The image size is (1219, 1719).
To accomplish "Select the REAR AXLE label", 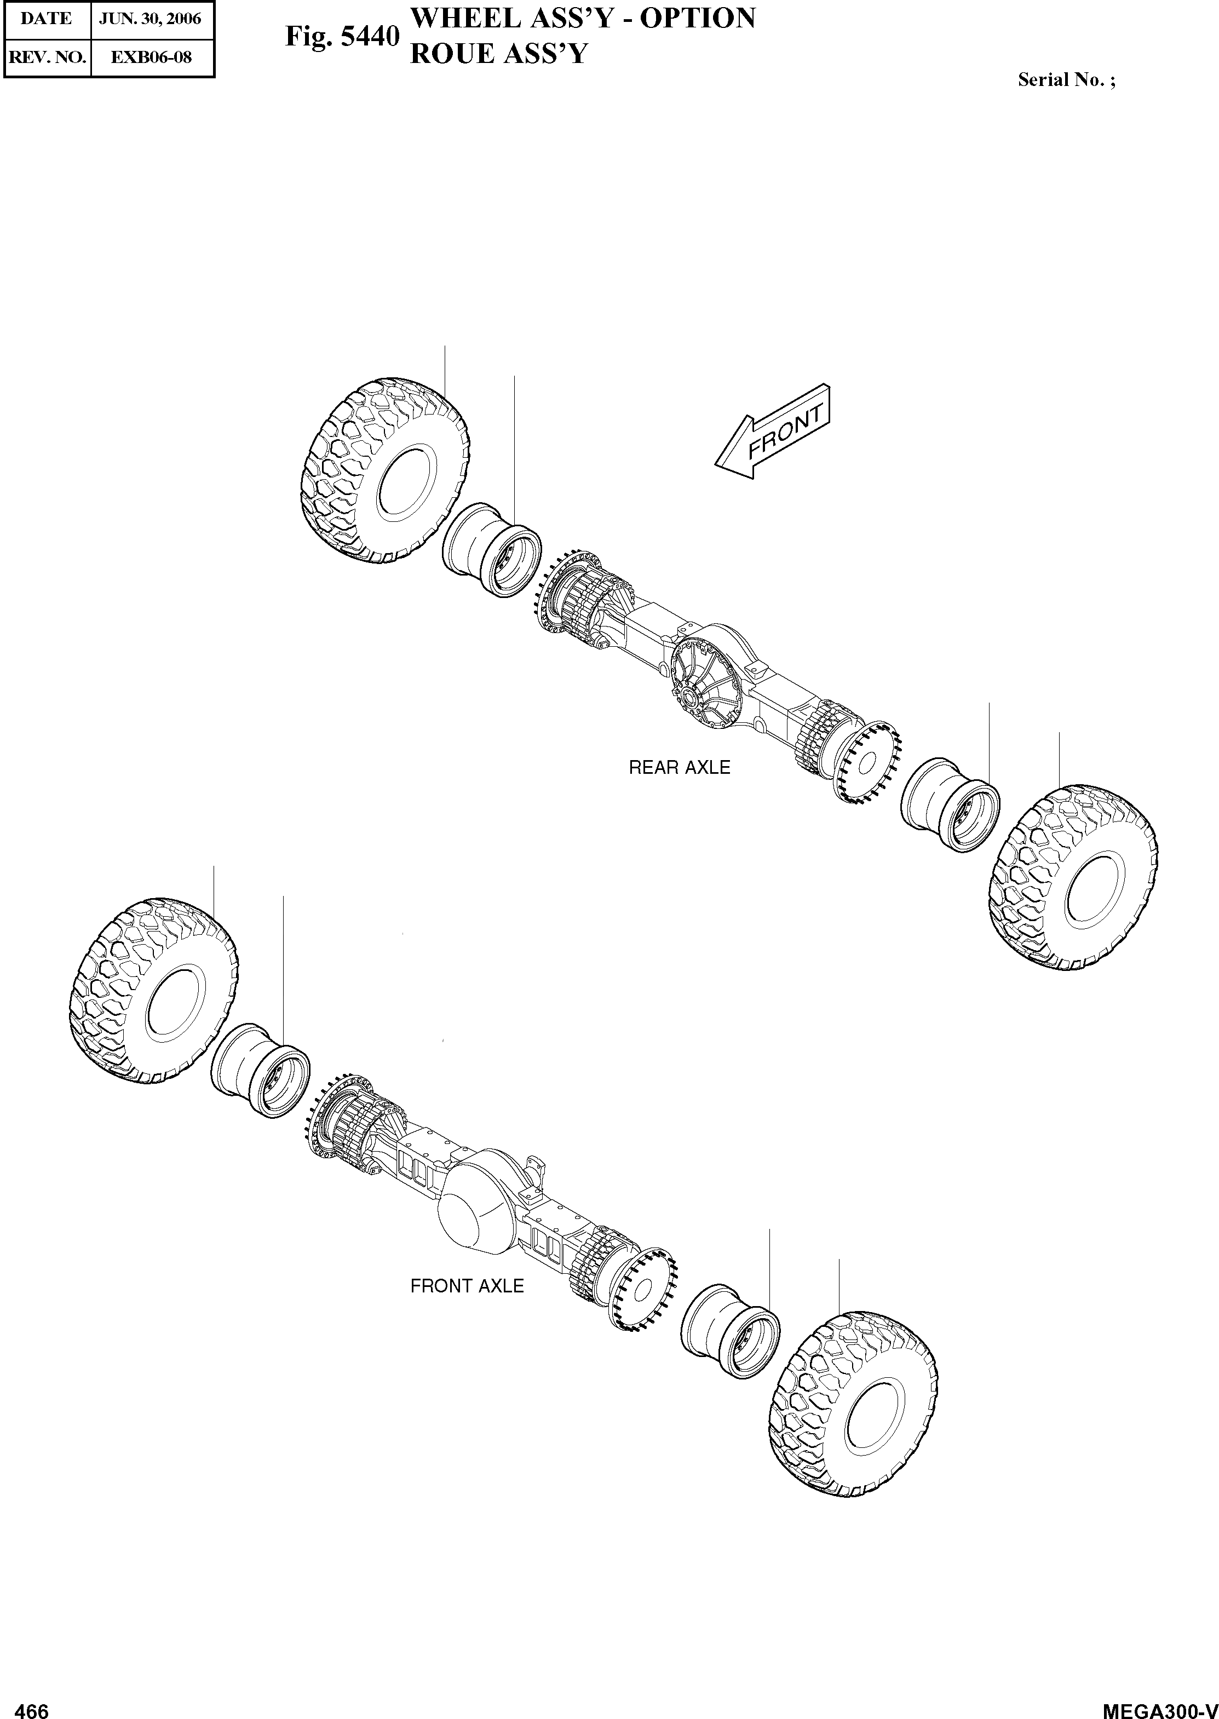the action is point(679,767).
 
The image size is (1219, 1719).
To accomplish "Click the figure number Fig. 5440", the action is point(342,36).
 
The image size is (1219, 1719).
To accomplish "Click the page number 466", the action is point(32,1707).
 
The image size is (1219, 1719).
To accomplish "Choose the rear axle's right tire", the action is point(1073,878).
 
